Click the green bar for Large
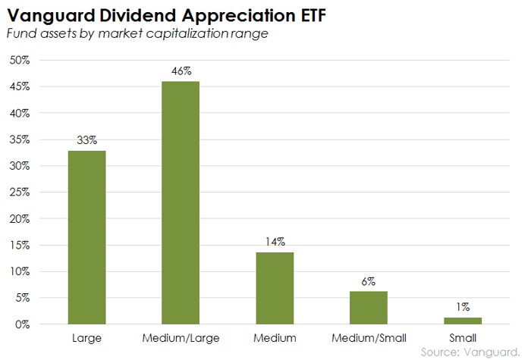pos(87,237)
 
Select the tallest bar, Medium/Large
pos(181,202)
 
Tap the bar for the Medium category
pos(275,288)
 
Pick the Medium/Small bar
pos(369,308)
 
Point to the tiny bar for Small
pos(463,321)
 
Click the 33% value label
pos(87,140)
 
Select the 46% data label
pos(181,71)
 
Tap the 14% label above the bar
pos(275,242)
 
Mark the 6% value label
pos(369,281)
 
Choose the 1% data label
pos(463,307)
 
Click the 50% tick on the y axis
pos(20,60)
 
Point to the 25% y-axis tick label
pos(20,192)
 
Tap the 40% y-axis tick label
pos(20,113)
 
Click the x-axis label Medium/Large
pos(181,338)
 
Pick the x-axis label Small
pos(463,338)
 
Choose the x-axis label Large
pos(87,338)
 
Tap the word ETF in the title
pos(313,15)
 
